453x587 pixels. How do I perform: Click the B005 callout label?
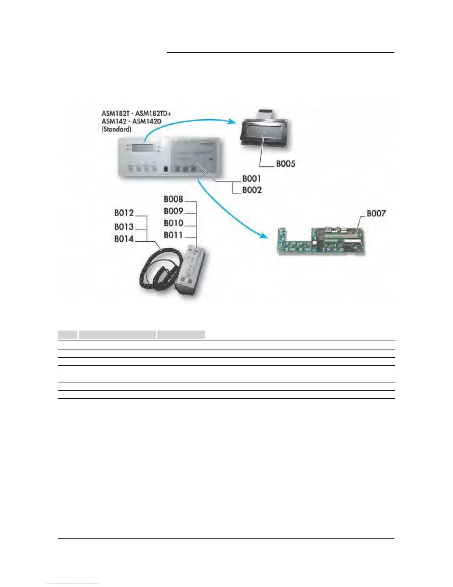[x=285, y=164]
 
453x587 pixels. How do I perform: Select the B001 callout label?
[x=252, y=179]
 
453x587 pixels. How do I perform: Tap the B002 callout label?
[x=252, y=190]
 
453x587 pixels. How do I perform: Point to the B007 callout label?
[x=376, y=213]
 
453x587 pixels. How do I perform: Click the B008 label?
[x=173, y=199]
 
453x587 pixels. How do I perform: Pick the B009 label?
[x=173, y=211]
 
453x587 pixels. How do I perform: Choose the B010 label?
[x=173, y=223]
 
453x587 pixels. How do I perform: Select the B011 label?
[x=173, y=235]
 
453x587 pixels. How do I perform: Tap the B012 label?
[x=124, y=213]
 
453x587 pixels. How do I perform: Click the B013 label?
[x=124, y=227]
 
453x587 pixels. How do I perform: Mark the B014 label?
[x=124, y=239]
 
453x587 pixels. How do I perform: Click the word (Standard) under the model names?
[x=116, y=130]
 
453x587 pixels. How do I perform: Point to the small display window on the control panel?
[x=142, y=147]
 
